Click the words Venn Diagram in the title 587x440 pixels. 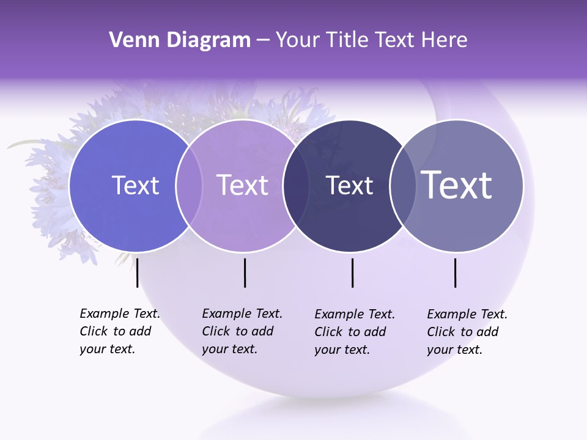180,40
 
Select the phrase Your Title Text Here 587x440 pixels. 371,40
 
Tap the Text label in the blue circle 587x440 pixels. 135,185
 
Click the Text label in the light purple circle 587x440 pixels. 243,185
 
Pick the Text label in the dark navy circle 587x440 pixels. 350,185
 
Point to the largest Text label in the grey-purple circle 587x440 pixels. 457,185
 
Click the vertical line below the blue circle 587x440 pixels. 138,273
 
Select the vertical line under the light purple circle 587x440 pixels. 245,273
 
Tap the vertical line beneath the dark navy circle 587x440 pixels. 352,273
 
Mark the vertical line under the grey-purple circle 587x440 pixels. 456,273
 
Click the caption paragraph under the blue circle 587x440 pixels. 119,331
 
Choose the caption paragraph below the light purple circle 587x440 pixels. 242,331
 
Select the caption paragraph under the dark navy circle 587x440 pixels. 354,332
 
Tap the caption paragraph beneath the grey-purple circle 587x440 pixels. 467,332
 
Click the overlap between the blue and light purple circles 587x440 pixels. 189,185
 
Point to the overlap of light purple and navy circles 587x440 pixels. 296,185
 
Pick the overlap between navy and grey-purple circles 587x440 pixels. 403,185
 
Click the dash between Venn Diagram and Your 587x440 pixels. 263,40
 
